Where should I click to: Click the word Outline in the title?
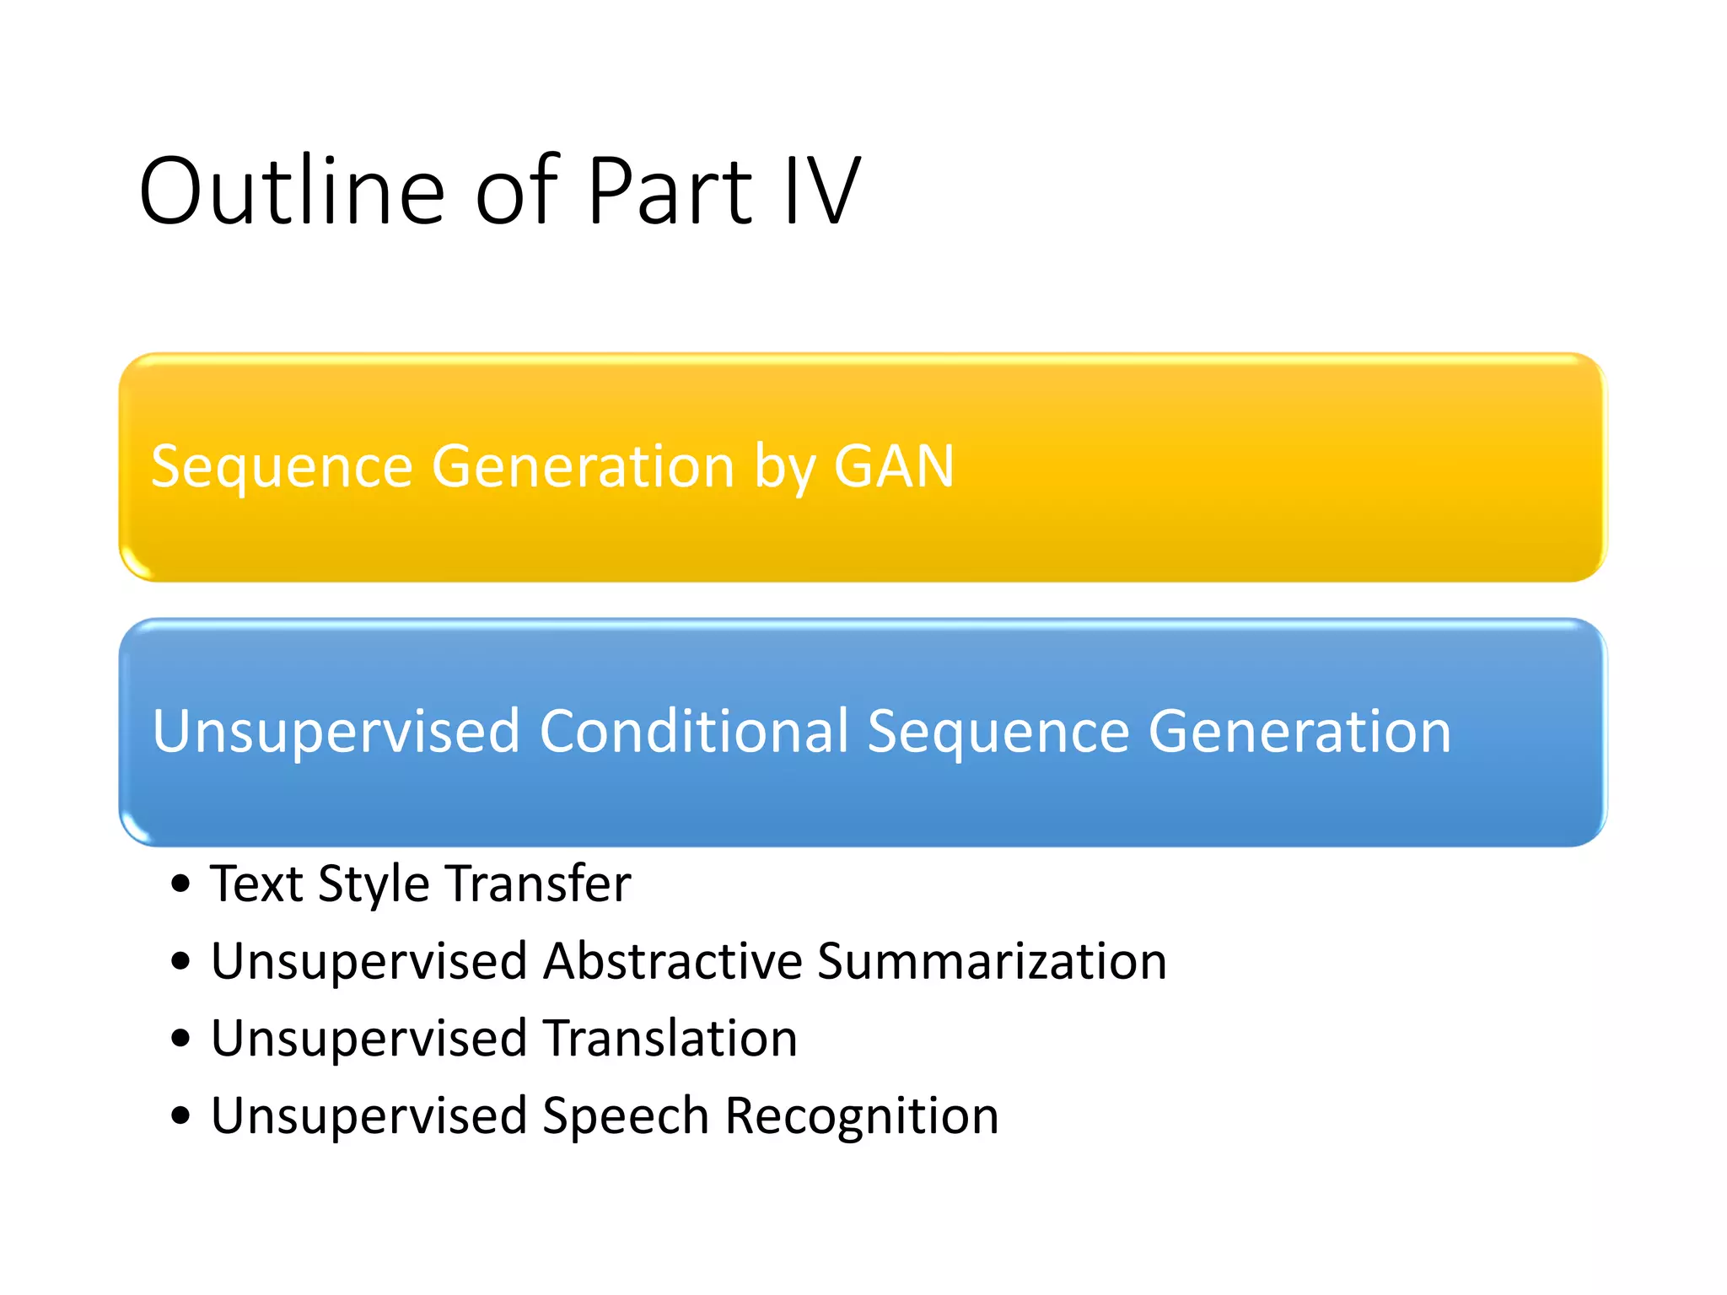pos(292,192)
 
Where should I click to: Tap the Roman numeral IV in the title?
pos(821,192)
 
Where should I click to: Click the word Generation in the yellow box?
pos(583,466)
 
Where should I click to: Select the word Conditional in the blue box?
pos(693,730)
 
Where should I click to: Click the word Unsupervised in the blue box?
pos(336,730)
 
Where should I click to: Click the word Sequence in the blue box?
pos(998,732)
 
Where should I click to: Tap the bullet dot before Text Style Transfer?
pos(180,884)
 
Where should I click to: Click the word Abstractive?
pos(672,961)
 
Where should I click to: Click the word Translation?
pos(670,1038)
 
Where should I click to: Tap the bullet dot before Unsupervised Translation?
pos(180,1039)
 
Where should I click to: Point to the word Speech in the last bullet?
pos(625,1117)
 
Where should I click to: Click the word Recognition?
pos(862,1117)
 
